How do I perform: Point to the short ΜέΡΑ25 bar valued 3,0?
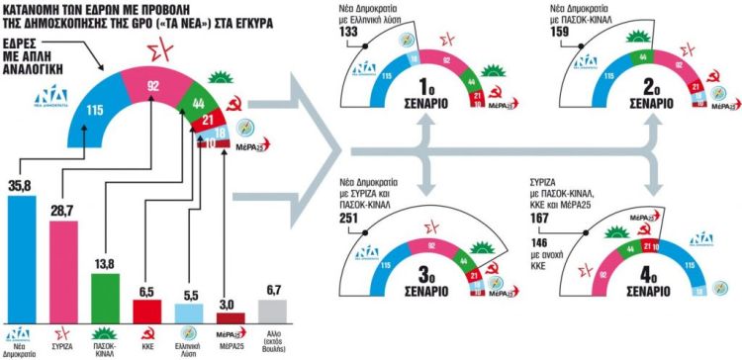click(233, 315)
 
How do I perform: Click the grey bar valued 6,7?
click(275, 308)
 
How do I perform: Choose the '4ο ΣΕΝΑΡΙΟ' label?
click(657, 294)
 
